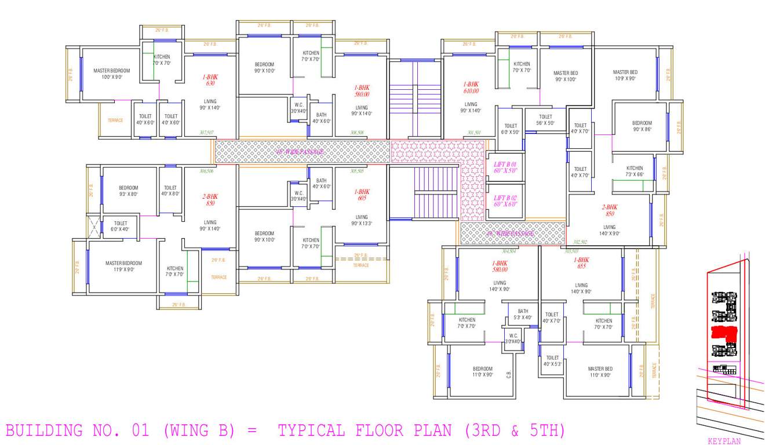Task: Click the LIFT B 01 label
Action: (505, 168)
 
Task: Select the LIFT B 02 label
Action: (505, 200)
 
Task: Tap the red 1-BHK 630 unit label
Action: (210, 79)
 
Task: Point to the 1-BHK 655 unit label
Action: (581, 264)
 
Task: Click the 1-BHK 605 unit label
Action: (362, 195)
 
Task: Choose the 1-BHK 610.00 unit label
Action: (471, 87)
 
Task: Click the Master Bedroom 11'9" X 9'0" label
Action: (123, 266)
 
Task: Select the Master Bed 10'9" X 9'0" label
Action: (625, 75)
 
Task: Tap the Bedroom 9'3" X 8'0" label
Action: (129, 191)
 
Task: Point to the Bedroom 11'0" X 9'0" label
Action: (482, 371)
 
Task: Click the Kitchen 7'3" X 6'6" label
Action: (634, 171)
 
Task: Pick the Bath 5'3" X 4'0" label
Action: (523, 314)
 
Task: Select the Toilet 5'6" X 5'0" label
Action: (545, 120)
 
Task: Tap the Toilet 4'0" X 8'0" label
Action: (170, 191)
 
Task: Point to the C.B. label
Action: (509, 375)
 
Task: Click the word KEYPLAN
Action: (724, 441)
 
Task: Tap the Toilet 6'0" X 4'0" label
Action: (121, 226)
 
